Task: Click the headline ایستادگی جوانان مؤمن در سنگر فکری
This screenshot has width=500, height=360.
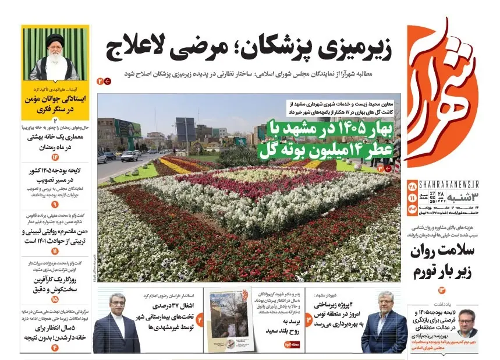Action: pos(55,103)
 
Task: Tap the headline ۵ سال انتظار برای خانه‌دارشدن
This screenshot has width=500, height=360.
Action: pos(55,331)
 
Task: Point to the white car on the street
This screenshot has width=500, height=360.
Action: pos(129,156)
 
